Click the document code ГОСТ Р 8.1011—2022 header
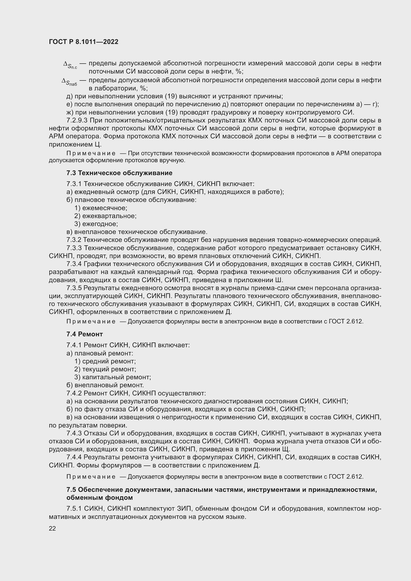coord(83,42)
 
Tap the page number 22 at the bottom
coord(52,528)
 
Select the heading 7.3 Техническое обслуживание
coord(119,173)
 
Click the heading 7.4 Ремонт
coord(84,334)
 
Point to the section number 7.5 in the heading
coord(71,490)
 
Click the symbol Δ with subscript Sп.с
coord(70,65)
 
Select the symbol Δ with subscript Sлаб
coord(69,81)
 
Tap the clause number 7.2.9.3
coord(77,120)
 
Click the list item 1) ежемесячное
coord(101,208)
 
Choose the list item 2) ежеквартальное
coord(105,216)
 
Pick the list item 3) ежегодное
coord(96,224)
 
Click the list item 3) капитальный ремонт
coord(113,377)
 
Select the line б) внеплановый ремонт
coord(105,385)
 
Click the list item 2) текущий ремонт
coord(105,369)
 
